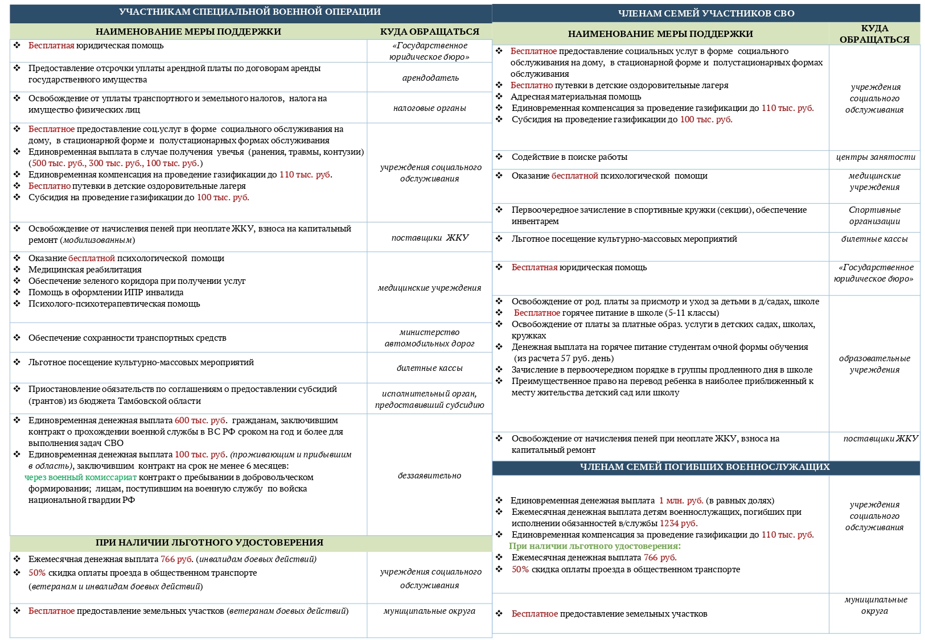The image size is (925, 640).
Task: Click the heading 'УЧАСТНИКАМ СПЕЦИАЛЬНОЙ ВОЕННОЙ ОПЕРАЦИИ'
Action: pos(250,12)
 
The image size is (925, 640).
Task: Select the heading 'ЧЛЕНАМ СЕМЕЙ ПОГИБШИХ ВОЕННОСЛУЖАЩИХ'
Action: pos(705,467)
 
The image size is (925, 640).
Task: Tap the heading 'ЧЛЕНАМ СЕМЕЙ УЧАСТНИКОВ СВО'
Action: pos(706,13)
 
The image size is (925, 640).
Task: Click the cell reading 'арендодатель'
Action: pos(430,78)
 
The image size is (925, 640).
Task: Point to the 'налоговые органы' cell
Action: pos(430,108)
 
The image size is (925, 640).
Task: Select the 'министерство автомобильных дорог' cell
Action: pos(430,338)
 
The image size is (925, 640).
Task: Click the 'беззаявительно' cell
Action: pos(430,476)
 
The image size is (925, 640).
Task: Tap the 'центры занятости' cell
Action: pos(875,157)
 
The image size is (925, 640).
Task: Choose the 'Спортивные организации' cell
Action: pos(875,216)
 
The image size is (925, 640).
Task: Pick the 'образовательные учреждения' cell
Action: pos(875,364)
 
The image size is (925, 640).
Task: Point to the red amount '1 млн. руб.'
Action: pos(681,501)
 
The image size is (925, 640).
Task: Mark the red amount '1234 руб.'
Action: pos(679,523)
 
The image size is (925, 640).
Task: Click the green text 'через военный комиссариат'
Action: pos(81,477)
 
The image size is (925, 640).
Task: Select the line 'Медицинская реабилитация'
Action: pos(85,270)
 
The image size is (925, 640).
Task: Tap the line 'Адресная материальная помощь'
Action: pos(576,97)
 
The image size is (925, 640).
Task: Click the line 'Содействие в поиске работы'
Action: pos(569,157)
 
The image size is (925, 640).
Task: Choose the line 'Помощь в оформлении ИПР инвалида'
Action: pos(106,292)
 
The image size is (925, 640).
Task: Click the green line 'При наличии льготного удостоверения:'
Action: pos(595,546)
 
